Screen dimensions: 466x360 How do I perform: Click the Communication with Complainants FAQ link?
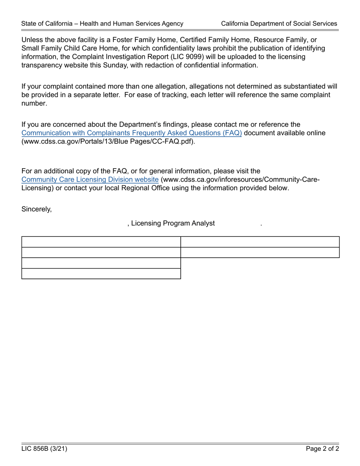point(131,133)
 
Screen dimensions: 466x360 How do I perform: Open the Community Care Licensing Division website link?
point(90,180)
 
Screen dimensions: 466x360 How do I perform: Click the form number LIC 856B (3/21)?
point(44,449)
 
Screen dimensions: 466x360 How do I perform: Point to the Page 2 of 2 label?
point(322,449)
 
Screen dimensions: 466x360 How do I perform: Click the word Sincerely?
point(36,209)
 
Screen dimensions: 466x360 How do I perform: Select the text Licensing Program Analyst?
point(173,224)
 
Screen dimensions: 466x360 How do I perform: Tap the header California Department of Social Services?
point(279,23)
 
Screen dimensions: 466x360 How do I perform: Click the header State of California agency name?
point(102,23)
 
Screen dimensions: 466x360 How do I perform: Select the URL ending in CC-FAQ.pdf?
point(108,142)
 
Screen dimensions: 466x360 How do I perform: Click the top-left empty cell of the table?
point(101,242)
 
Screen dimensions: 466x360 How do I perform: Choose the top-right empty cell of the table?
point(260,242)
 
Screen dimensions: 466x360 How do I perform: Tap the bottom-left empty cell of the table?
point(101,274)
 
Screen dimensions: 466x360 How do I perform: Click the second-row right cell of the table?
point(260,252)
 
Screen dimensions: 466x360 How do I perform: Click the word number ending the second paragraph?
point(34,103)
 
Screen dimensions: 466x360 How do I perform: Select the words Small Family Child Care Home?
point(67,48)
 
